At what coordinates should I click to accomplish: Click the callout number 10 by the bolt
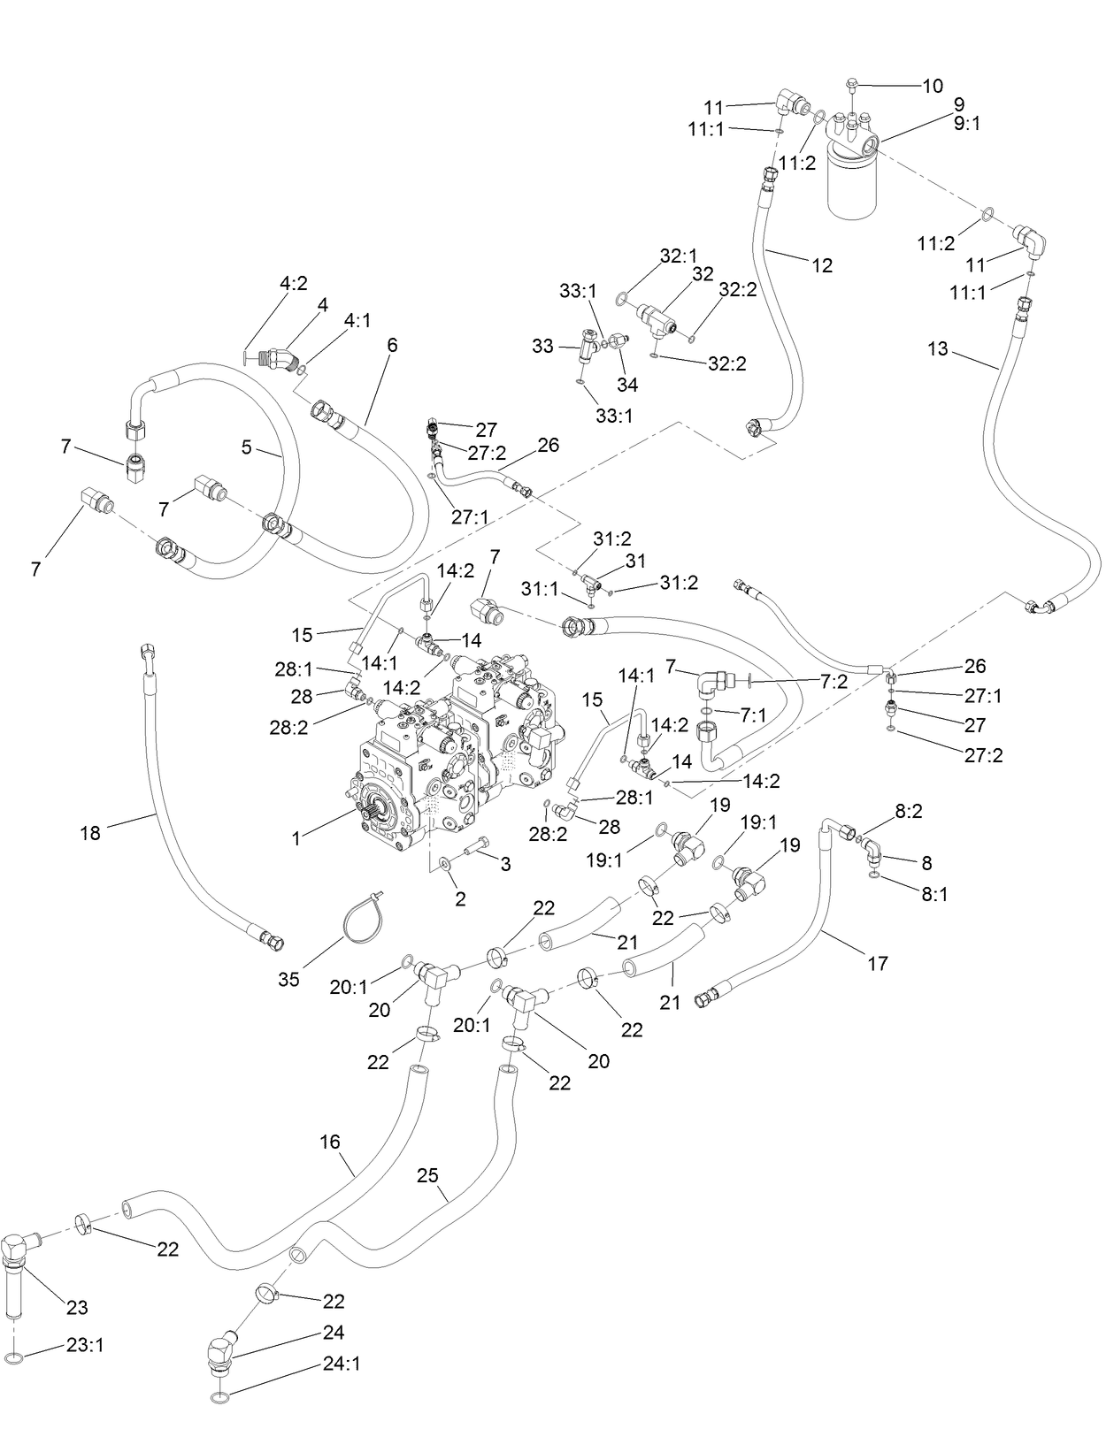pos(933,86)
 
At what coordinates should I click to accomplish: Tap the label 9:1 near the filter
pos(966,124)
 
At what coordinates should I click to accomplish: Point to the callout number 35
pos(288,980)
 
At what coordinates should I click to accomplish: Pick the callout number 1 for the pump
pos(296,838)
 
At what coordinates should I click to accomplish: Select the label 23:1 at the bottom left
pos(85,1344)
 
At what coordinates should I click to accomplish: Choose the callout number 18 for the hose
pos(90,833)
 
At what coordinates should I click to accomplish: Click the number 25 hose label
pos(427,1174)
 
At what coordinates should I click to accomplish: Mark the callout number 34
pos(627,384)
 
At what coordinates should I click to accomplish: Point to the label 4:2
pos(294,283)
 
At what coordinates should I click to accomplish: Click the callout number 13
pos(938,348)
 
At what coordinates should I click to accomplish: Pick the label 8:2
pos(908,811)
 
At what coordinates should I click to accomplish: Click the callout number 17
pos(878,963)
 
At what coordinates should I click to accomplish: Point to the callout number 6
pos(392,345)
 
